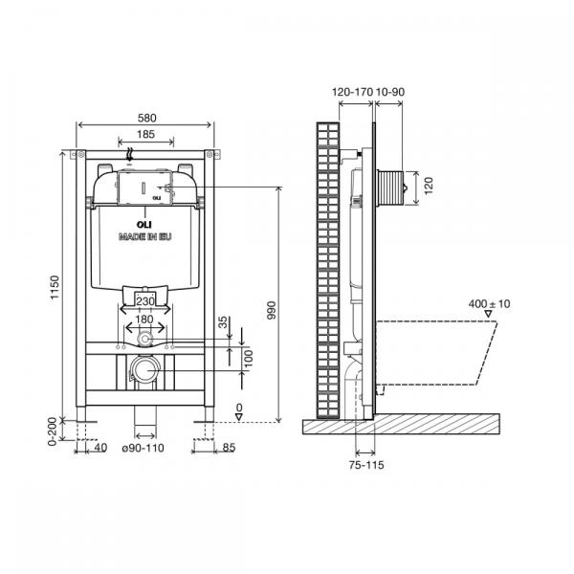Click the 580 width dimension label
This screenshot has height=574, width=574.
coord(146,118)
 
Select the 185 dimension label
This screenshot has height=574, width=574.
coord(145,134)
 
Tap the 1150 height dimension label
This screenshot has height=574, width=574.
coord(55,287)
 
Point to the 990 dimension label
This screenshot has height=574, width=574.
coord(272,310)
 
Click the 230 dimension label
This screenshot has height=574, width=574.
coord(145,301)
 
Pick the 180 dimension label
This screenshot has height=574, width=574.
coord(144,320)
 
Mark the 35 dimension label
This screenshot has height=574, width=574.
coord(223,322)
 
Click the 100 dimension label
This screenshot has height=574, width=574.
coord(249,359)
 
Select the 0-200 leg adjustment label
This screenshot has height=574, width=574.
coord(53,431)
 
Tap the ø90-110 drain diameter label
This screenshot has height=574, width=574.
coord(143,448)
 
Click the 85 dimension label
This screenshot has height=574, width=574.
coord(229,448)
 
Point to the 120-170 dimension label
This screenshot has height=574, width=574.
coord(352,92)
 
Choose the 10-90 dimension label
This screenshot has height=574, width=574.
coord(390,92)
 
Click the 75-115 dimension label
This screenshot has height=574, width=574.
coord(366,465)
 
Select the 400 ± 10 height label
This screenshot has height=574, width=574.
coord(490,304)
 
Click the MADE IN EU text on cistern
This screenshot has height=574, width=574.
coord(145,237)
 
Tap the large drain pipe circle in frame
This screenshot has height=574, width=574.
coord(145,369)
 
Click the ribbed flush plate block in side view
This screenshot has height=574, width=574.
coord(390,188)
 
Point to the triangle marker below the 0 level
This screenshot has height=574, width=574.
coord(239,417)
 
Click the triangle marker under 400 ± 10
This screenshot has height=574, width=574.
coord(488,314)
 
